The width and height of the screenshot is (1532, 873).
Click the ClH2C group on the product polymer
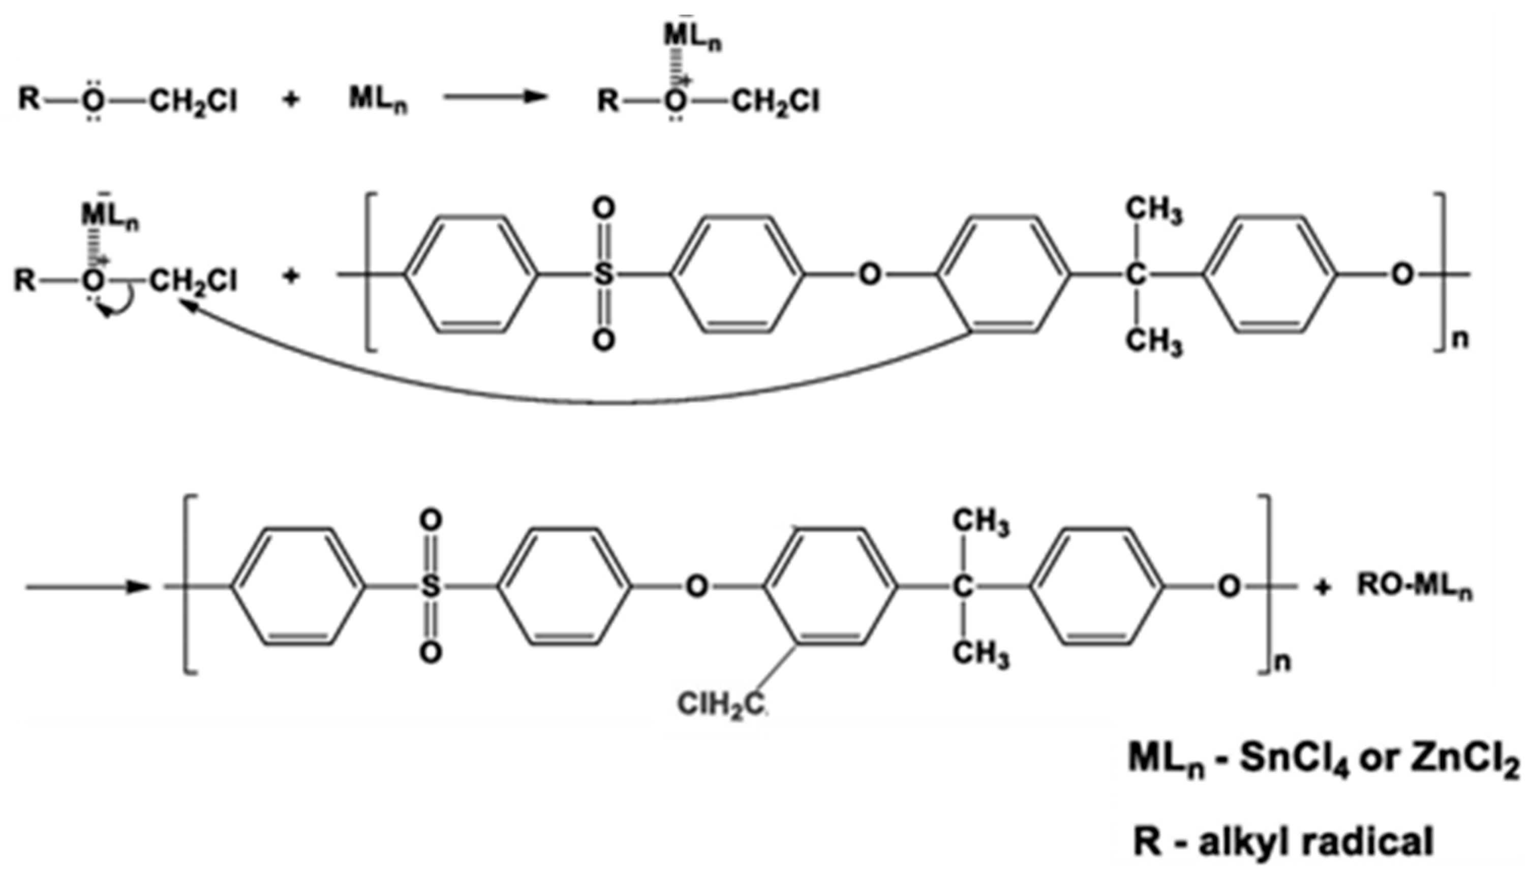tap(722, 704)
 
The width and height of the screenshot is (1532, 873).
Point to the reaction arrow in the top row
tap(495, 98)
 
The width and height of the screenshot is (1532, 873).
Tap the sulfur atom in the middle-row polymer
tap(603, 275)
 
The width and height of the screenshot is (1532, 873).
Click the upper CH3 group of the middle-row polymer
tap(1154, 211)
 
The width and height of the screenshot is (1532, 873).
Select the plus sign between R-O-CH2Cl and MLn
tap(291, 99)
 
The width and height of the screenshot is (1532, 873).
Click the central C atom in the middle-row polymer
tap(1135, 276)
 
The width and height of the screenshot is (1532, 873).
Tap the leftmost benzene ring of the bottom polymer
tap(298, 586)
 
